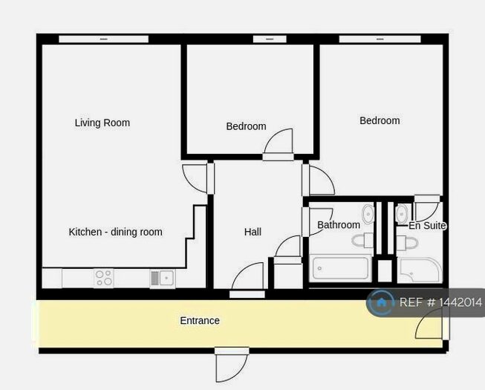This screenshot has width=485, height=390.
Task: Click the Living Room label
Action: click(x=102, y=123)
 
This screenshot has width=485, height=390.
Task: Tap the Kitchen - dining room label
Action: click(x=115, y=232)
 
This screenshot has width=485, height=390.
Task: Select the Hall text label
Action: click(x=253, y=232)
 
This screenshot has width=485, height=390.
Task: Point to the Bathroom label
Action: click(x=338, y=224)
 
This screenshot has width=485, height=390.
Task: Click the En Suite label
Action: click(x=427, y=225)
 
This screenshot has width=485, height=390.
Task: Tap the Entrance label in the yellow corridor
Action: click(x=200, y=321)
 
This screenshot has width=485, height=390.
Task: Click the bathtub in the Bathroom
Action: click(x=341, y=268)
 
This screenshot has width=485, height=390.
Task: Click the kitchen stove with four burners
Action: click(x=104, y=278)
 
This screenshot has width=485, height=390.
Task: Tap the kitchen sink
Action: click(x=163, y=279)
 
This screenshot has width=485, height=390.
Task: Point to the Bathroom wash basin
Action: click(x=368, y=215)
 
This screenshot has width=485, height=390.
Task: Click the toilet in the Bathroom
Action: click(x=363, y=240)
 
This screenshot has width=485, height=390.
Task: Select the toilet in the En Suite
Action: click(x=406, y=241)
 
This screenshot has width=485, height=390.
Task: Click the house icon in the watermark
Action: click(x=381, y=302)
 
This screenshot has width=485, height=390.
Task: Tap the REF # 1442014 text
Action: click(x=440, y=302)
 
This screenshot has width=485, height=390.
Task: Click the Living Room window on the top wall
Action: click(x=103, y=39)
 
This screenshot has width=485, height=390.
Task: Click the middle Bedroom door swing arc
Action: click(x=279, y=143)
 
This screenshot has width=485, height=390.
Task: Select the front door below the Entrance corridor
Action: click(x=231, y=364)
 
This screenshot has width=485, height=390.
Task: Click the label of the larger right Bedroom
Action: click(x=380, y=120)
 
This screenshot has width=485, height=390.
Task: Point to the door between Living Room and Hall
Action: click(x=196, y=178)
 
